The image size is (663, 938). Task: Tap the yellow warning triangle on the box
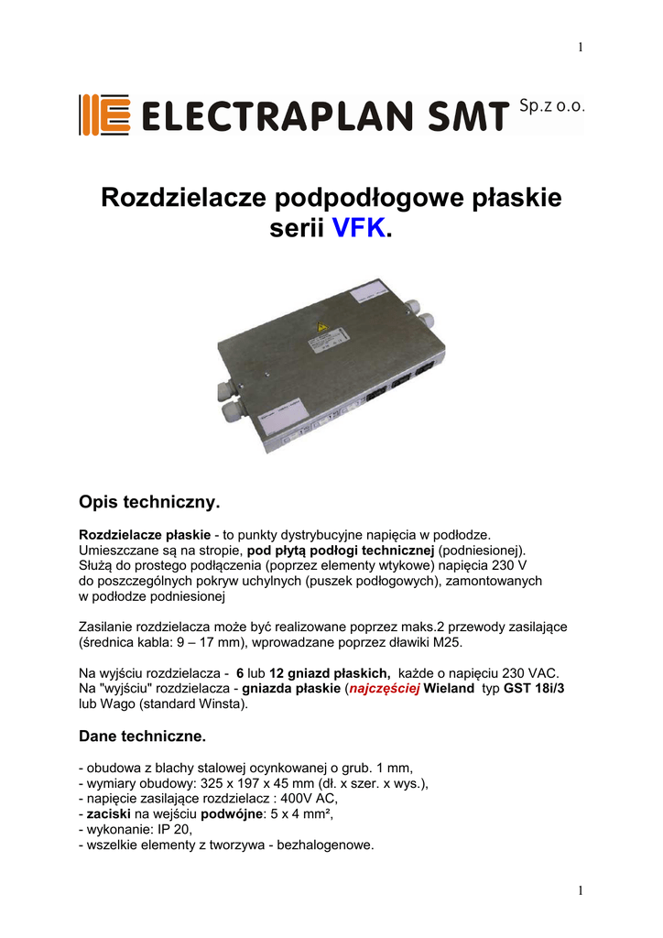[321, 327]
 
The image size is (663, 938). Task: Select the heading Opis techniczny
[151, 503]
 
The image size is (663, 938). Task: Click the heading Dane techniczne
[142, 735]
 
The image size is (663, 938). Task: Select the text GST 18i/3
[535, 688]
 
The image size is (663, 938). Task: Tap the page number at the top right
[581, 48]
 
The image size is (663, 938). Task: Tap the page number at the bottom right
[581, 890]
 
